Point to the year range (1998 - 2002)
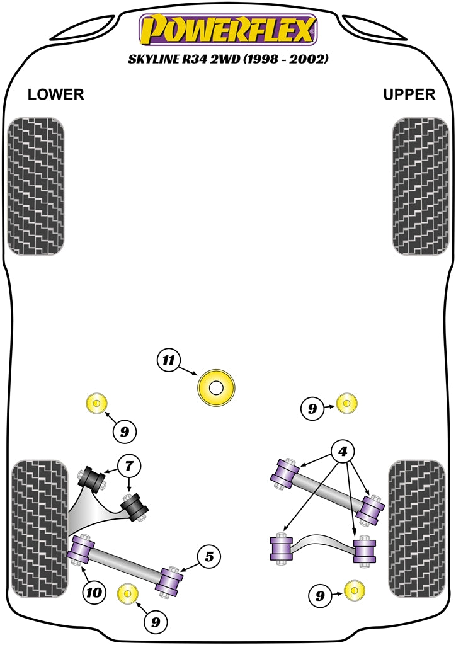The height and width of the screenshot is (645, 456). pyautogui.click(x=288, y=60)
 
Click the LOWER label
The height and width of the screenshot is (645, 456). pyautogui.click(x=55, y=94)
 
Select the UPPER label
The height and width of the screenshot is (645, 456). pyautogui.click(x=409, y=94)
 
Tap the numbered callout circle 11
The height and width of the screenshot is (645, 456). pyautogui.click(x=168, y=360)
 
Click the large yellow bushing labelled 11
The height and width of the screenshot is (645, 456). pyautogui.click(x=216, y=388)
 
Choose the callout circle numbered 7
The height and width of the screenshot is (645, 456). pyautogui.click(x=129, y=467)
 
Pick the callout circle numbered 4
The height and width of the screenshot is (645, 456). pyautogui.click(x=343, y=452)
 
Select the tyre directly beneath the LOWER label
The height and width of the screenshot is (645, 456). pyautogui.click(x=35, y=186)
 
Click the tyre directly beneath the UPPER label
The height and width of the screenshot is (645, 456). pyautogui.click(x=420, y=186)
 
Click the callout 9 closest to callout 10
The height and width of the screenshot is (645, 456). pyautogui.click(x=155, y=622)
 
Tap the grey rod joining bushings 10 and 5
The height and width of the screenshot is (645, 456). pyautogui.click(x=126, y=564)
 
